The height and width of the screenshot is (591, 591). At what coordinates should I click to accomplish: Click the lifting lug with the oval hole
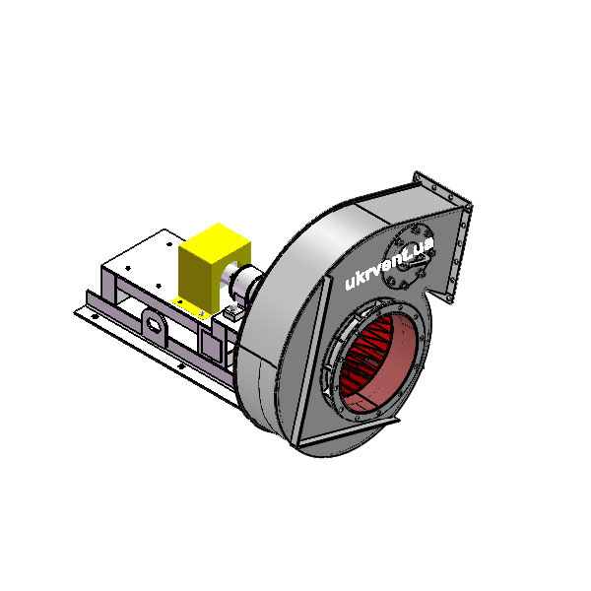(154, 325)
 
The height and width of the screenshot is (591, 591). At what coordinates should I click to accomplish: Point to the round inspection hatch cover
(410, 256)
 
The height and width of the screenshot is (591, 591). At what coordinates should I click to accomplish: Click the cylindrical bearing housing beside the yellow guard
(245, 283)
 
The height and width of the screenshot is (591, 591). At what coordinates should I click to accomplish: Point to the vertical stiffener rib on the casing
(310, 360)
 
